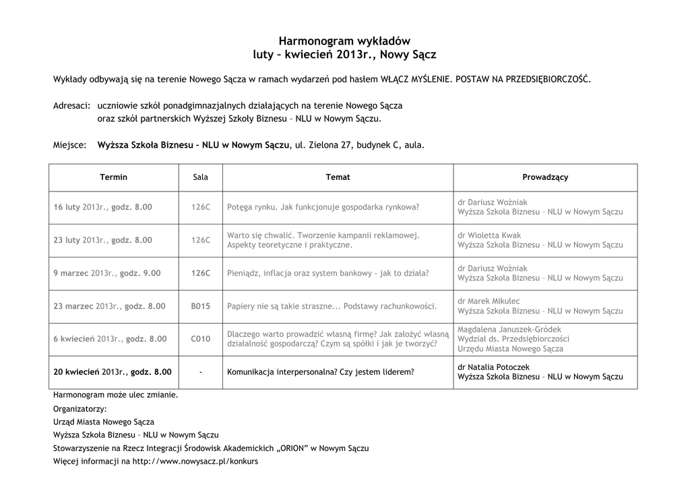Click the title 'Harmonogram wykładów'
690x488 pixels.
pos(344,40)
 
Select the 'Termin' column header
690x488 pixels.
pos(113,177)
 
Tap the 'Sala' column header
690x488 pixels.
pos(200,177)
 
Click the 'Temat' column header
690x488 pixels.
pos(338,177)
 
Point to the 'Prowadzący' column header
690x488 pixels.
pos(545,177)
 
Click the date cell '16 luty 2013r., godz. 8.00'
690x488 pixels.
pos(102,208)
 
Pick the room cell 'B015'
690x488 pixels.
pos(200,306)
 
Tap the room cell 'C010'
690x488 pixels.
pos(200,339)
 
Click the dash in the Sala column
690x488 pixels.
pos(200,372)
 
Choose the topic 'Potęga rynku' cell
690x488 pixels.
pos(323,208)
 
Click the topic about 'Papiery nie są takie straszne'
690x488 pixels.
pos(332,306)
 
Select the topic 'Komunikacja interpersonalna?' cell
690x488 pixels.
pos(321,372)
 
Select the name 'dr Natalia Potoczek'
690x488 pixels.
pos(493,367)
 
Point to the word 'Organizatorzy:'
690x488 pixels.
pos(80,408)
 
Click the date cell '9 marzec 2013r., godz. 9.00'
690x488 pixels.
pos(107,273)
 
